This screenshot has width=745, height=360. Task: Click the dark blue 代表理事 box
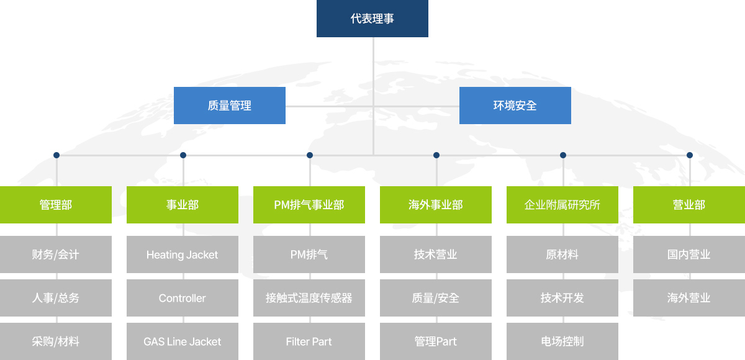point(372,19)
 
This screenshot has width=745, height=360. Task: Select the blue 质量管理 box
point(230,106)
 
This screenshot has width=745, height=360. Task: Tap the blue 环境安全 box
point(515,106)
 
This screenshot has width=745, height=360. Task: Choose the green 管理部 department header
point(56,205)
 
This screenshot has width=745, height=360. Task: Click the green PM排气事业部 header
point(309,205)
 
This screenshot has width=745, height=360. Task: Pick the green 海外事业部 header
point(436,205)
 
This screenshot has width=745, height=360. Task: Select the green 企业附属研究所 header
point(562,205)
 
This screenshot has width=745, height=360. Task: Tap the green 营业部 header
point(689,205)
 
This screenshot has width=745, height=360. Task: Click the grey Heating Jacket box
point(183,254)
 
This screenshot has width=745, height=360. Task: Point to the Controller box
point(183,298)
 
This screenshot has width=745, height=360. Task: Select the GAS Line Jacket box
point(183,341)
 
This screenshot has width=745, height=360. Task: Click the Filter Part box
point(309,341)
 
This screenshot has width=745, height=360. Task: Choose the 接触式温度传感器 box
point(309,298)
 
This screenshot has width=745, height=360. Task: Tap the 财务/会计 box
point(56,254)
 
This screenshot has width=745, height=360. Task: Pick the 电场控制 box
point(562,341)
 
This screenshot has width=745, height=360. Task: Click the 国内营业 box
point(689,254)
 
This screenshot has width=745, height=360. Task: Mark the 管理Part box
point(436,341)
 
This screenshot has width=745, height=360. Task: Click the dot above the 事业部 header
point(183,155)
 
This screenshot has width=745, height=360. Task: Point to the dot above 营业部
point(690,155)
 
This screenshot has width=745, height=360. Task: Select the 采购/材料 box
point(56,341)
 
